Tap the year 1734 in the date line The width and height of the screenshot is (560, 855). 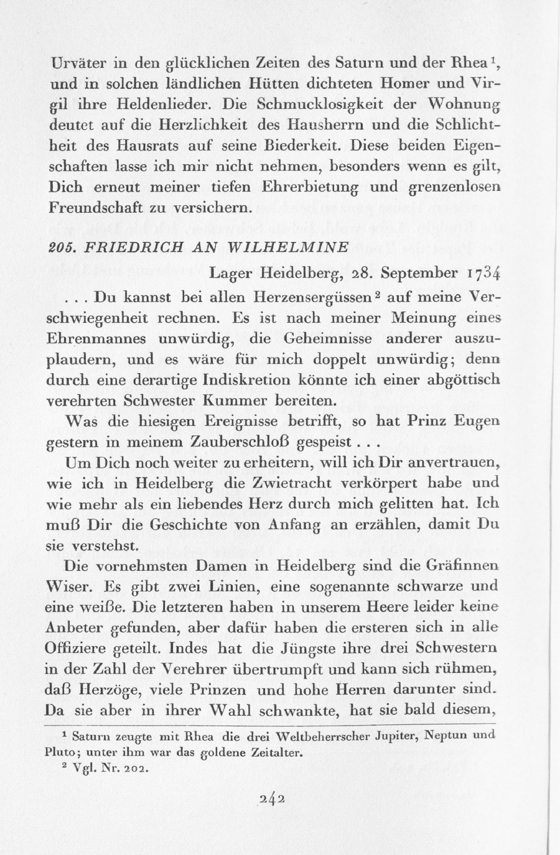coord(482,273)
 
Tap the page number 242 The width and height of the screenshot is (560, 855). coord(274,798)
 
